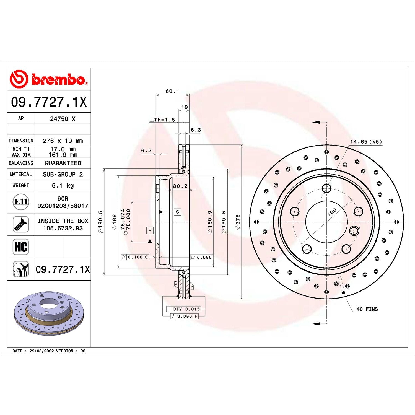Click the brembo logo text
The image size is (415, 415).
pyautogui.click(x=58, y=79)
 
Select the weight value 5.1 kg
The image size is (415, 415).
pyautogui.click(x=63, y=185)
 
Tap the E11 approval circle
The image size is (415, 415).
pyautogui.click(x=21, y=202)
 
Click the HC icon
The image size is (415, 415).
pyautogui.click(x=21, y=247)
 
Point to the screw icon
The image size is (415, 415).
pyautogui.click(x=21, y=224)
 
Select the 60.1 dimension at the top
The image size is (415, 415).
pyautogui.click(x=172, y=91)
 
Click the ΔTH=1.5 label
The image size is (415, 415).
pyautogui.click(x=162, y=120)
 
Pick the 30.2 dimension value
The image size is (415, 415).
pyautogui.click(x=180, y=186)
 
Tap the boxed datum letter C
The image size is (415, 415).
pyautogui.click(x=178, y=212)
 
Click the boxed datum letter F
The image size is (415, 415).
pyautogui.click(x=150, y=230)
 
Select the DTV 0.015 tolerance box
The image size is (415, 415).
pyautogui.click(x=184, y=309)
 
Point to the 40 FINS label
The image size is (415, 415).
pyautogui.click(x=367, y=309)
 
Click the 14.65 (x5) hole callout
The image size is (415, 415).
pyautogui.click(x=366, y=142)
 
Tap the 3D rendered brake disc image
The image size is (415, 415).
pyautogui.click(x=49, y=313)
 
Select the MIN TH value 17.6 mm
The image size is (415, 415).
pyautogui.click(x=63, y=149)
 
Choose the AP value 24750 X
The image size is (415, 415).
pyautogui.click(x=63, y=119)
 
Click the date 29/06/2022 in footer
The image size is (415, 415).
pyautogui.click(x=41, y=351)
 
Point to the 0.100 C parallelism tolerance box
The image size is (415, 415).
pyautogui.click(x=135, y=257)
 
